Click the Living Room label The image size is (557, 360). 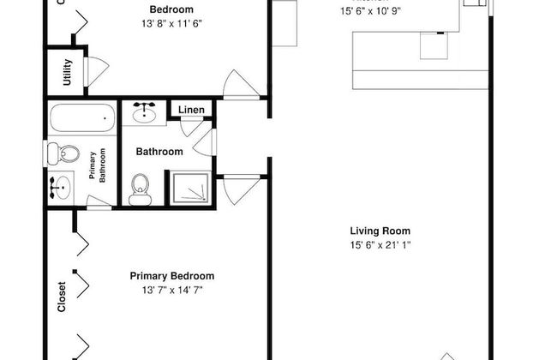pyautogui.click(x=380, y=231)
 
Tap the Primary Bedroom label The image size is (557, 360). pyautogui.click(x=171, y=276)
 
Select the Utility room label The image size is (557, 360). pyautogui.click(x=68, y=75)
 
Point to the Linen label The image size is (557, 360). pyautogui.click(x=192, y=110)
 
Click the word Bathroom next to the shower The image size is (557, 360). pyautogui.click(x=159, y=152)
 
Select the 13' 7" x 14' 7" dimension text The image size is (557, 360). pyautogui.click(x=171, y=291)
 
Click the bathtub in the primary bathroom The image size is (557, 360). pyautogui.click(x=82, y=118)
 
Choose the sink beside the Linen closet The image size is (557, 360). pyautogui.click(x=144, y=111)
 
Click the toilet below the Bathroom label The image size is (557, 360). pyautogui.click(x=140, y=189)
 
